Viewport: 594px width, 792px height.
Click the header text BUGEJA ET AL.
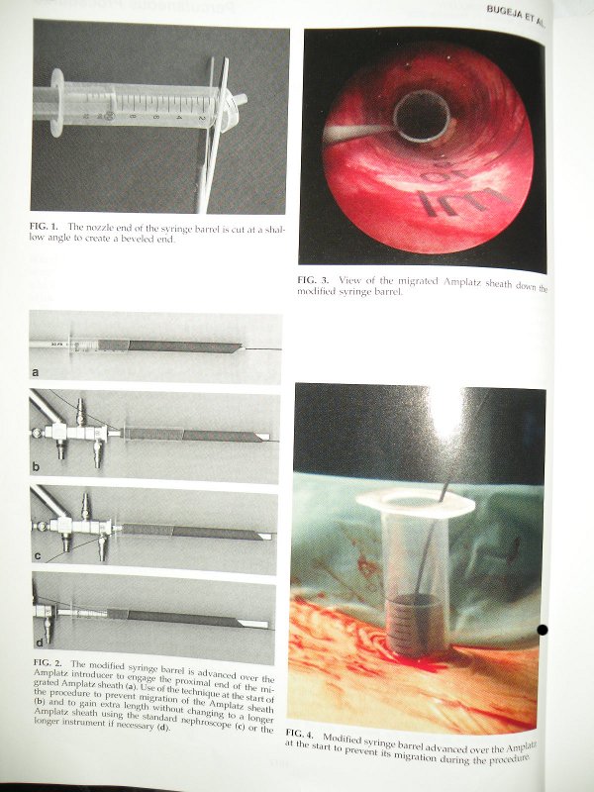(x=516, y=16)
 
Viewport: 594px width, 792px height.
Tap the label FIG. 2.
(x=49, y=662)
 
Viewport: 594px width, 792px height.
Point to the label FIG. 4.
(x=301, y=733)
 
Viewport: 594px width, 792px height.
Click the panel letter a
(x=35, y=372)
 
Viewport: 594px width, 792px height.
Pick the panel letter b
(x=36, y=466)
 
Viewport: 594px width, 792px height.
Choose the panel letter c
(x=38, y=556)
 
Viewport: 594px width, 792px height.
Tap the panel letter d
(x=40, y=643)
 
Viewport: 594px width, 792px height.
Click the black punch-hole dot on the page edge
(x=542, y=630)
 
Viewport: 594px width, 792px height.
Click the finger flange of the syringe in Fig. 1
(x=56, y=103)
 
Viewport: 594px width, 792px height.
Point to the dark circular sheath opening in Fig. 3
(x=423, y=116)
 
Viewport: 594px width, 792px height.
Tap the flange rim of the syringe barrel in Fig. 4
(x=415, y=501)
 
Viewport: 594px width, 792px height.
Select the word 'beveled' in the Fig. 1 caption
(x=135, y=239)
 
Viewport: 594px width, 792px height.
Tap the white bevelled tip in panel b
(x=261, y=437)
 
